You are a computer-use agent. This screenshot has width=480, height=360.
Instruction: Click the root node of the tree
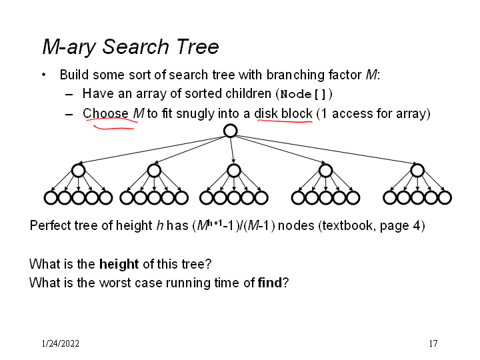pyautogui.click(x=230, y=131)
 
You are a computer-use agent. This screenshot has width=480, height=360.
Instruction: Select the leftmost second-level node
pyautogui.click(x=78, y=171)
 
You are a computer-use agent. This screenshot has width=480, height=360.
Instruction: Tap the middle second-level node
pyautogui.click(x=233, y=171)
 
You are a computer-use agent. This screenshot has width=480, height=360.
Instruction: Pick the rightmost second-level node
pyautogui.click(x=417, y=171)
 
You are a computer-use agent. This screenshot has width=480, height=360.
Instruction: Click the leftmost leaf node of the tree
pyautogui.click(x=51, y=197)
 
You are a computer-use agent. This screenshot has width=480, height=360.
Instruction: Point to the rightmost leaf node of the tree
pyautogui.click(x=445, y=197)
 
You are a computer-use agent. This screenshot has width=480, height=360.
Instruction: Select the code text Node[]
pyautogui.click(x=303, y=93)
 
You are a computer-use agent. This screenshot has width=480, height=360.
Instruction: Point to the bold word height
pyautogui.click(x=119, y=264)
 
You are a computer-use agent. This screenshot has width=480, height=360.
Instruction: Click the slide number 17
pyautogui.click(x=433, y=344)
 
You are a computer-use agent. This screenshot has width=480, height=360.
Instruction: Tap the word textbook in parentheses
pyautogui.click(x=347, y=225)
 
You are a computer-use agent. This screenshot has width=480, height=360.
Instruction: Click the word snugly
pyautogui.click(x=196, y=113)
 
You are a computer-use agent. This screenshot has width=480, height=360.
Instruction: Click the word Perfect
pyautogui.click(x=49, y=225)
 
